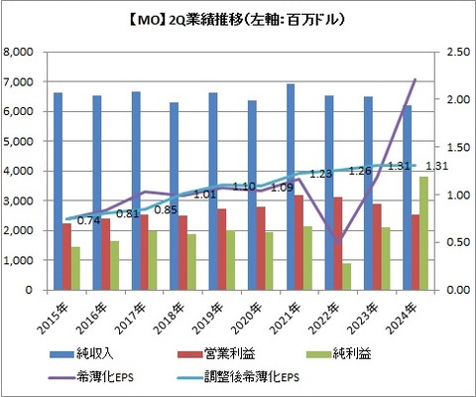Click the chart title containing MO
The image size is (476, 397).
(x=237, y=17)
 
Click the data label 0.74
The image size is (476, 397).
(x=88, y=220)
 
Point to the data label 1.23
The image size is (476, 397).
(x=319, y=174)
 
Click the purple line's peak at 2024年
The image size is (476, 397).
(x=415, y=79)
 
